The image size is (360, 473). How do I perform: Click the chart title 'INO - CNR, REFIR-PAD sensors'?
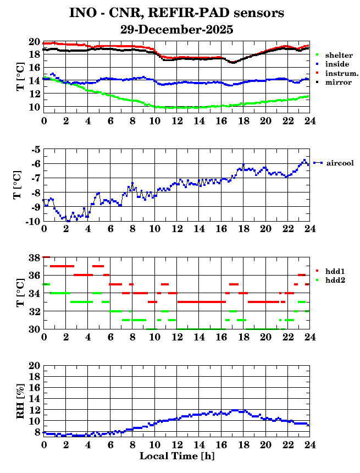(x=176, y=13)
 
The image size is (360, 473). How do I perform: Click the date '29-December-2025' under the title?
(x=176, y=29)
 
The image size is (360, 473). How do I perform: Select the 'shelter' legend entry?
(x=339, y=56)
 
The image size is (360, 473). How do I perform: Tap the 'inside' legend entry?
(x=337, y=64)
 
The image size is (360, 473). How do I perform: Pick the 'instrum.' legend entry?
(x=341, y=73)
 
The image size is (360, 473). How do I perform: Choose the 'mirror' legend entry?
(x=338, y=82)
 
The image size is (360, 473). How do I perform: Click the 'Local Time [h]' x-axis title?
(x=176, y=456)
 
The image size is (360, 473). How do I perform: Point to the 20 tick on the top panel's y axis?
(x=34, y=42)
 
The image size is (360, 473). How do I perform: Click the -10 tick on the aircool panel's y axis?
(x=32, y=221)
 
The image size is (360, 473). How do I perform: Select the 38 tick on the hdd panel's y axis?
(x=34, y=257)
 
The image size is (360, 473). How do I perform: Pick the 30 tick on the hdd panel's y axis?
(x=34, y=329)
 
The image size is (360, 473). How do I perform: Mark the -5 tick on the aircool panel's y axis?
(x=34, y=150)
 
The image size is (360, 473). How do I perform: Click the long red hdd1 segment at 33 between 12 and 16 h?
(x=201, y=302)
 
